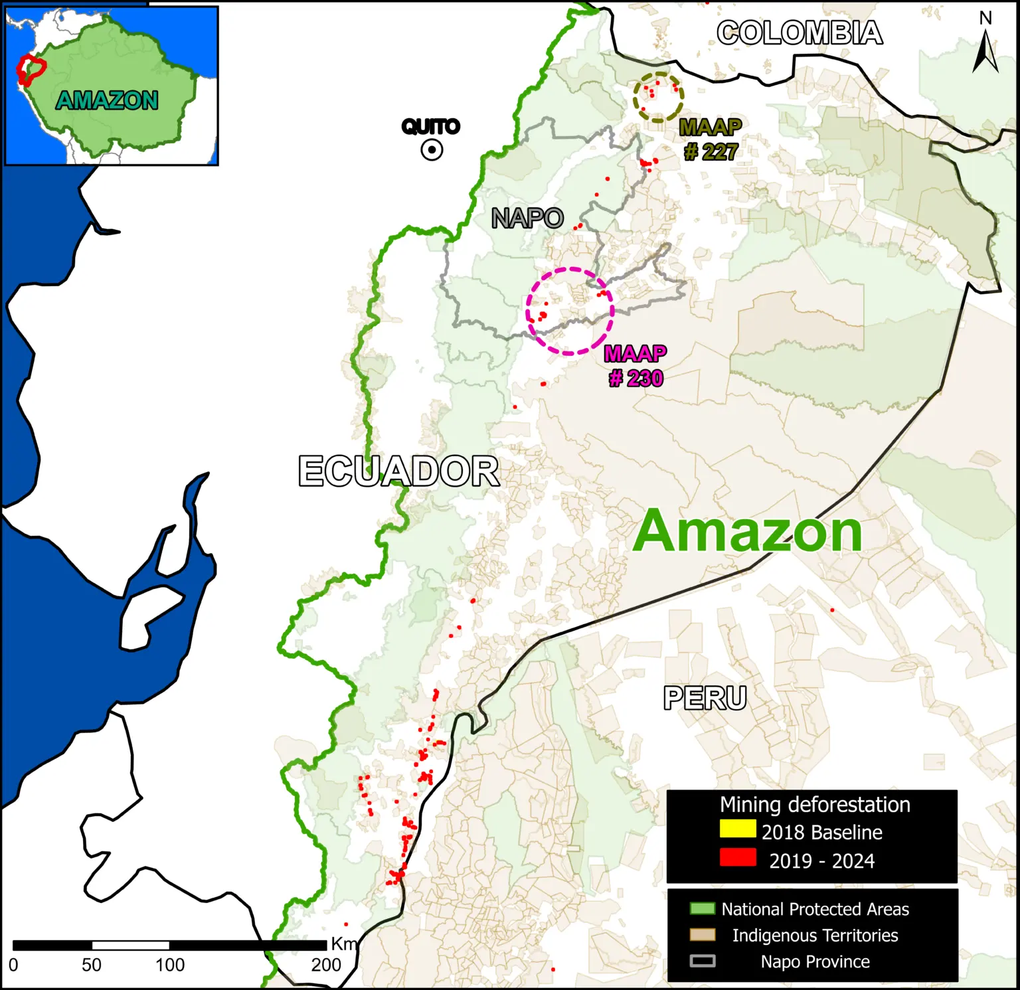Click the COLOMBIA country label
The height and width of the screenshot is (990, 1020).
(800, 33)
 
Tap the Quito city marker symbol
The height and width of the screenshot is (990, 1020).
(432, 151)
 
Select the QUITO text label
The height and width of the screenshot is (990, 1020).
(430, 126)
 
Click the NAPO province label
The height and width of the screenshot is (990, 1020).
(527, 218)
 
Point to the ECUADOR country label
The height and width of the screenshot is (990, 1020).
(398, 471)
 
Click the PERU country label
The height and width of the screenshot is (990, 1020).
(705, 698)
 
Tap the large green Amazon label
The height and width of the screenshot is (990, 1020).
(747, 531)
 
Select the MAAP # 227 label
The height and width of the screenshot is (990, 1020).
(711, 139)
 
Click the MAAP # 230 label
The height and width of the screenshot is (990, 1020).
(636, 366)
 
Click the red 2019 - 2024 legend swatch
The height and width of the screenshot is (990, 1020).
(738, 857)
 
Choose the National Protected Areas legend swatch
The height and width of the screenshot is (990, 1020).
(703, 908)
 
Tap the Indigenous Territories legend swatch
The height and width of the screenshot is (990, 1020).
(703, 935)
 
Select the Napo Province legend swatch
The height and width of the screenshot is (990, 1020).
(703, 961)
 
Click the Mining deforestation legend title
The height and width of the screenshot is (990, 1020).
(815, 804)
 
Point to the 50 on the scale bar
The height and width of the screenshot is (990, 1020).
(92, 965)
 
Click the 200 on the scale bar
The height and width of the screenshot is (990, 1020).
(326, 965)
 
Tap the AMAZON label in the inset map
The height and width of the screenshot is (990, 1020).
(107, 100)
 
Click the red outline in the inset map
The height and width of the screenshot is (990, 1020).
(31, 70)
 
